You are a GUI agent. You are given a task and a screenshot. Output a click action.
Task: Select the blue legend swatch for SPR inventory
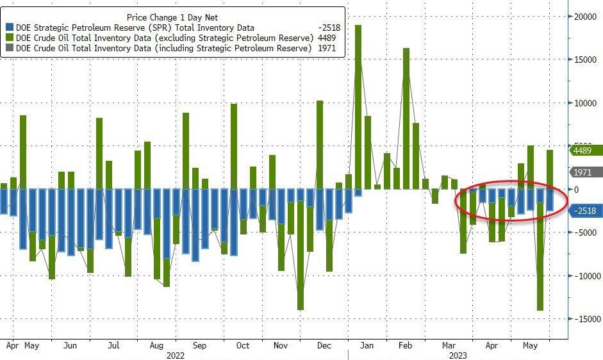10,28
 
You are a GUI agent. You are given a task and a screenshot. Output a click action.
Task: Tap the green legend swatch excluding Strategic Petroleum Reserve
10,38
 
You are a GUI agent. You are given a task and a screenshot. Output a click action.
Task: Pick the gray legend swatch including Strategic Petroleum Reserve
10,48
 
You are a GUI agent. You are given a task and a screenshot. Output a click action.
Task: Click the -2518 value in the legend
331,28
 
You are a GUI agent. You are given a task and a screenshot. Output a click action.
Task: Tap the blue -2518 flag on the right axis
585,211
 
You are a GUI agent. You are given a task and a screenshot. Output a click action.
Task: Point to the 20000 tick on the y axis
584,17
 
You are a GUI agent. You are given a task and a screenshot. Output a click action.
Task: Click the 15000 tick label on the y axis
584,60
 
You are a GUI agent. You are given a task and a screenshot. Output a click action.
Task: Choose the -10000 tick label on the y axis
584,276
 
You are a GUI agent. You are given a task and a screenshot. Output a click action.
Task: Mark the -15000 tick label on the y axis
584,319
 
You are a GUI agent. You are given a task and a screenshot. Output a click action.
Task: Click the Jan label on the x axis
367,345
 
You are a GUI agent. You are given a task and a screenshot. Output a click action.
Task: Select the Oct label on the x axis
243,345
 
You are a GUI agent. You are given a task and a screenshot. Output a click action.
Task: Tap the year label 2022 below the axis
176,354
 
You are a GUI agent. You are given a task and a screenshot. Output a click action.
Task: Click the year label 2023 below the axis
458,354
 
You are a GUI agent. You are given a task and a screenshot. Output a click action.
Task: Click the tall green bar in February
406,119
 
